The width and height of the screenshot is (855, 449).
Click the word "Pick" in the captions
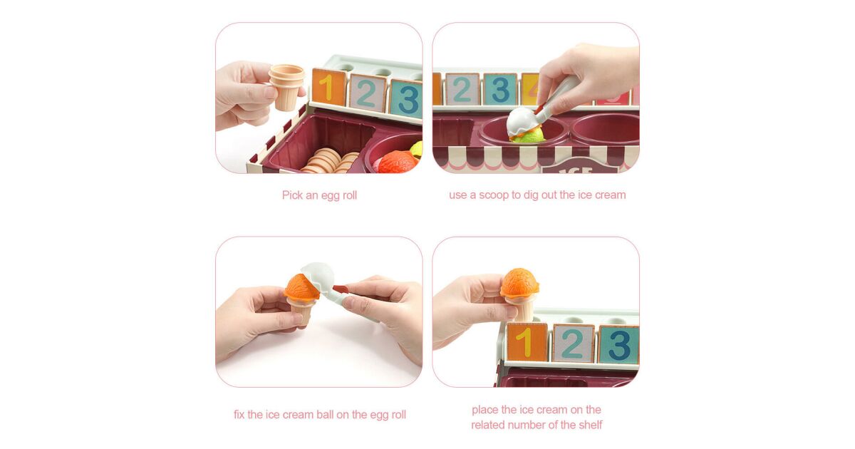pos(292,195)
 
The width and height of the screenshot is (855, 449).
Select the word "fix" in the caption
pos(239,415)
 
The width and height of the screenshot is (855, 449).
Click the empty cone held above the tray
pos(287,87)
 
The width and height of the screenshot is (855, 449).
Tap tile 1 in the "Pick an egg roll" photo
pos(329,88)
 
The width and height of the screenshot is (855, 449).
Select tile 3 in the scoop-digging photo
pos(500,89)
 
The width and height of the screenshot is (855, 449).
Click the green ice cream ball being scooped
pos(529,135)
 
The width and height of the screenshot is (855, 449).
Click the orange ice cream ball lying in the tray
pos(398,162)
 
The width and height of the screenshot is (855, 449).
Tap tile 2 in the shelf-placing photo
pos(573,344)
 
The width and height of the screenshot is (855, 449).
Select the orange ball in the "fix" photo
pos(301,287)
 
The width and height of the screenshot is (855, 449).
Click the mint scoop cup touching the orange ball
pos(319,276)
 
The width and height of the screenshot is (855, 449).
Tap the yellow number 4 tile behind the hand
pos(531,88)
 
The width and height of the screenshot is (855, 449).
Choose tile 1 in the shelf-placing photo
pos(527,342)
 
